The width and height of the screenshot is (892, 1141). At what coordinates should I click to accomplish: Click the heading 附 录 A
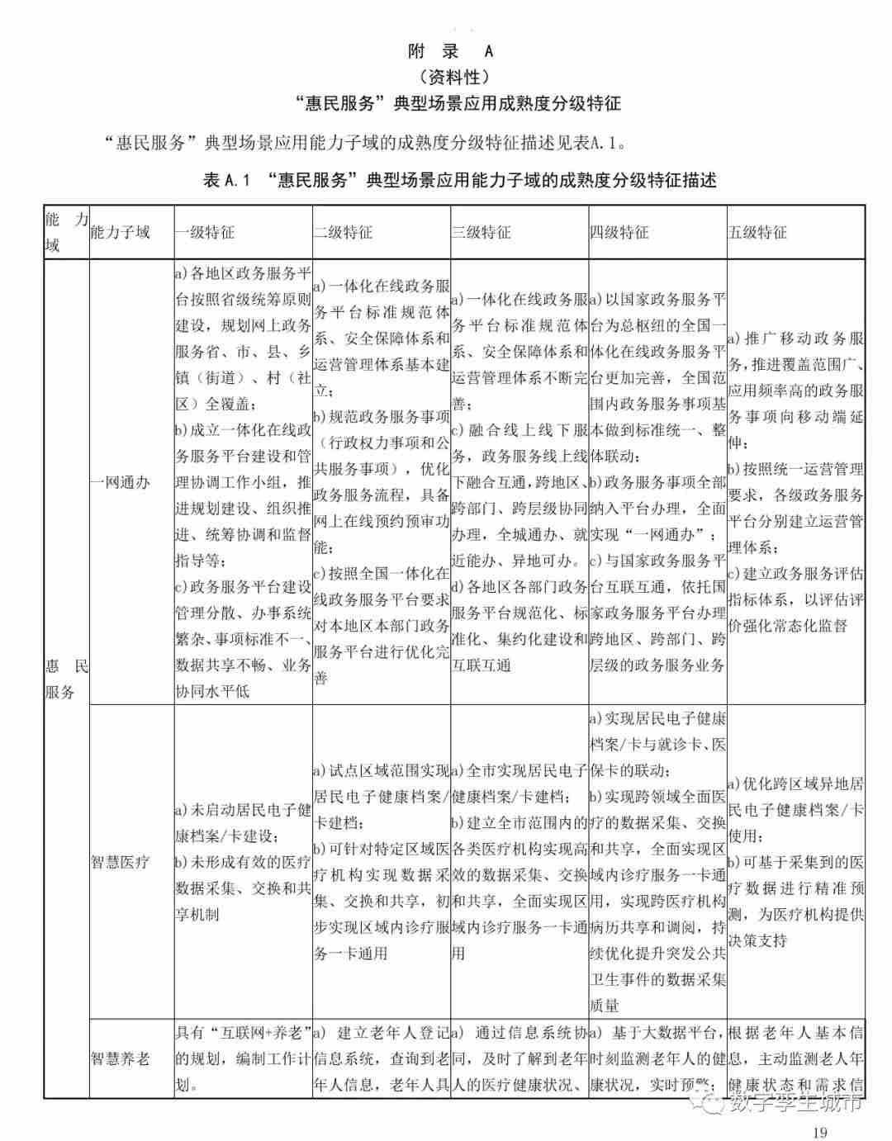(x=451, y=51)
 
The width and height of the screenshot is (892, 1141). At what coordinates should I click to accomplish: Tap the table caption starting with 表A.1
(x=459, y=180)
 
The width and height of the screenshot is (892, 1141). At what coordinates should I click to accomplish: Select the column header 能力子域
(x=121, y=232)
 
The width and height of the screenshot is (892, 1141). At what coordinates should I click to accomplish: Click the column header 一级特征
(x=205, y=232)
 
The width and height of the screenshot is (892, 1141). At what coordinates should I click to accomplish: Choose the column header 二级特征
(x=343, y=232)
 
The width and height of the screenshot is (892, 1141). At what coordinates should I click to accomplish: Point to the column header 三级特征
(x=481, y=232)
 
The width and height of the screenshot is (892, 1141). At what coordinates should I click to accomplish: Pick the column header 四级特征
(x=619, y=232)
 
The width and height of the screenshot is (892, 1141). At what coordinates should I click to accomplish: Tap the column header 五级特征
(x=757, y=232)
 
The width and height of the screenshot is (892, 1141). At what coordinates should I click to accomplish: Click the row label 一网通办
(x=121, y=482)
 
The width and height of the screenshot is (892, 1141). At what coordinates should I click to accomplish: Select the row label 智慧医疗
(x=121, y=862)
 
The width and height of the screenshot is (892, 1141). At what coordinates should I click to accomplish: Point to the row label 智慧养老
(x=121, y=1058)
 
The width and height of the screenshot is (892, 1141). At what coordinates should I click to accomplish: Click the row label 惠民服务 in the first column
(x=66, y=678)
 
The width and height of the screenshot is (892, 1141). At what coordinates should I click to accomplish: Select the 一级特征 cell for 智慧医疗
(x=243, y=862)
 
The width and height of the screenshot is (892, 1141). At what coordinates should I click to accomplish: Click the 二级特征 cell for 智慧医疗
(x=381, y=862)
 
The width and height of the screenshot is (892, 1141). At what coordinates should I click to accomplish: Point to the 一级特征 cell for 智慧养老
(x=243, y=1058)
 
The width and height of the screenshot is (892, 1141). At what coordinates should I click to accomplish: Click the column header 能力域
(x=66, y=232)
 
